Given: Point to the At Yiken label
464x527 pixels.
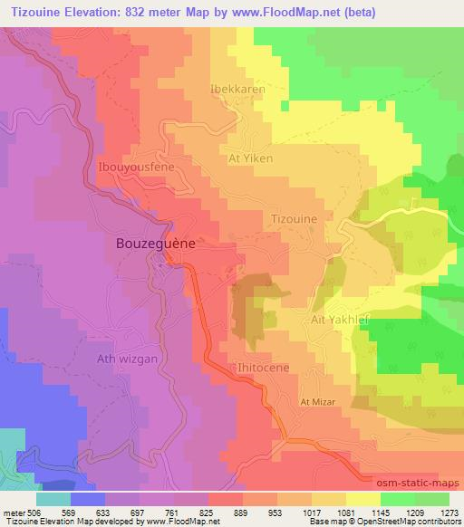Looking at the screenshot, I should [248, 158].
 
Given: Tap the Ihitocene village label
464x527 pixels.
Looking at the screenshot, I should [262, 369].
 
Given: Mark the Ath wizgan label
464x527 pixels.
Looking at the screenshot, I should [127, 359].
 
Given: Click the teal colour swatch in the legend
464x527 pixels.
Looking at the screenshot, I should [53, 498].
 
